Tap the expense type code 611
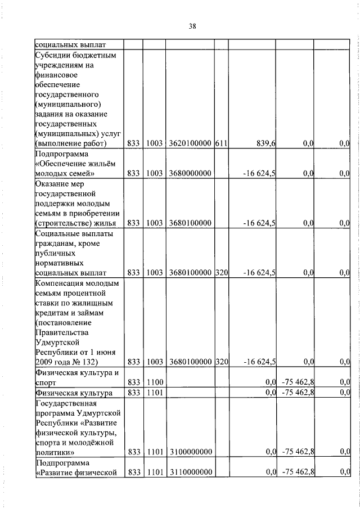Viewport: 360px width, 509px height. click(220, 144)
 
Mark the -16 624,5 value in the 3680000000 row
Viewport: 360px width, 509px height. click(259, 174)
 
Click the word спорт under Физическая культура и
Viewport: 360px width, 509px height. click(46, 382)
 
